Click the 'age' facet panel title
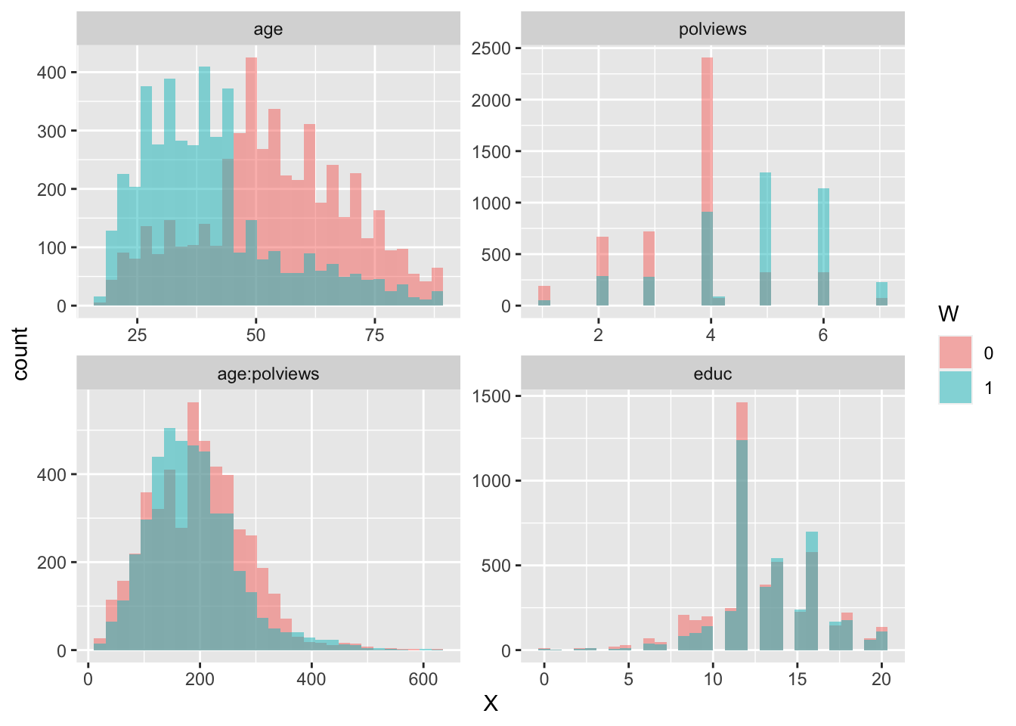click(268, 29)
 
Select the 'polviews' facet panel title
click(712, 29)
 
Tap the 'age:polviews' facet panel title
click(268, 374)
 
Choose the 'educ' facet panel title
click(712, 374)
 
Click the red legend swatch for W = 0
click(956, 353)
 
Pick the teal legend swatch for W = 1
click(956, 387)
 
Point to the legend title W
click(948, 314)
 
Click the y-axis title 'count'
click(20, 353)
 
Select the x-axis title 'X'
click(491, 704)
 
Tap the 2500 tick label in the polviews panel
click(491, 49)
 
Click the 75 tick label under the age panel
click(374, 336)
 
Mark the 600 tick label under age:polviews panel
click(423, 679)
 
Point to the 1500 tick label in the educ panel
click(491, 396)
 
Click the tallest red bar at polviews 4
click(708, 136)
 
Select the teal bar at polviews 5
click(765, 227)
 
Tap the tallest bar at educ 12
click(742, 529)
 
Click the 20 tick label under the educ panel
click(881, 679)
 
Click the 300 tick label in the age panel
click(52, 131)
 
